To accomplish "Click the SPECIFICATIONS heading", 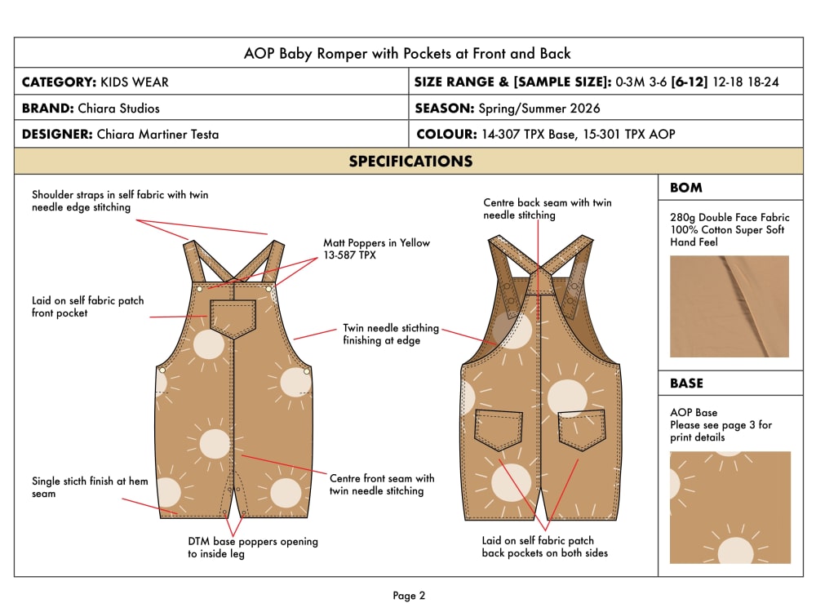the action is [x=410, y=162].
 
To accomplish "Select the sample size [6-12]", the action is [x=690, y=82].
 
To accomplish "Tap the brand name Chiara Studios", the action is [x=118, y=109].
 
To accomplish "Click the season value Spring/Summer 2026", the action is [x=539, y=109].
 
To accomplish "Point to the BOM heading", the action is [x=686, y=188].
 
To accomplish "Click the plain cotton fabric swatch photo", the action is [x=729, y=307].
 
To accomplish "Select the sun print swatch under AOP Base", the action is [x=730, y=508].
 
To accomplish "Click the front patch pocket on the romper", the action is [x=233, y=318].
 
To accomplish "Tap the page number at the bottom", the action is [x=409, y=596].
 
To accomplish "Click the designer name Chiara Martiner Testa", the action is [x=157, y=135].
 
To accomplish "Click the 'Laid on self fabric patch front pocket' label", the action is [x=87, y=307].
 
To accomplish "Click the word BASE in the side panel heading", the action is [x=686, y=384].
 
